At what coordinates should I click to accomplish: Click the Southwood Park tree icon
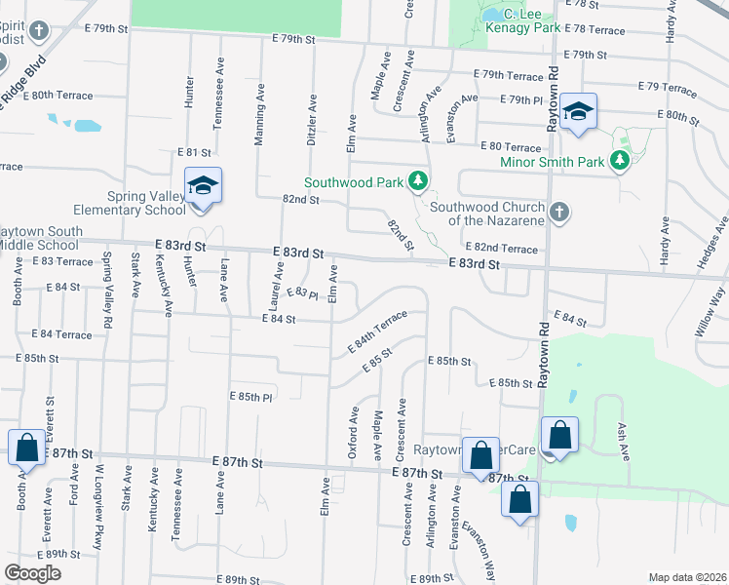(x=418, y=181)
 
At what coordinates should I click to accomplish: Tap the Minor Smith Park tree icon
(x=619, y=161)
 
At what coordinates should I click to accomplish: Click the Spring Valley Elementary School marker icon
(x=203, y=185)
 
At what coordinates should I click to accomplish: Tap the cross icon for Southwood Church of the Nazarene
(x=558, y=213)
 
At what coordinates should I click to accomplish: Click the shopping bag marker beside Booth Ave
(x=26, y=448)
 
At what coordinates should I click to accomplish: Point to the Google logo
(x=33, y=573)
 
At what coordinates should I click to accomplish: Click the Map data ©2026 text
(x=687, y=577)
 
